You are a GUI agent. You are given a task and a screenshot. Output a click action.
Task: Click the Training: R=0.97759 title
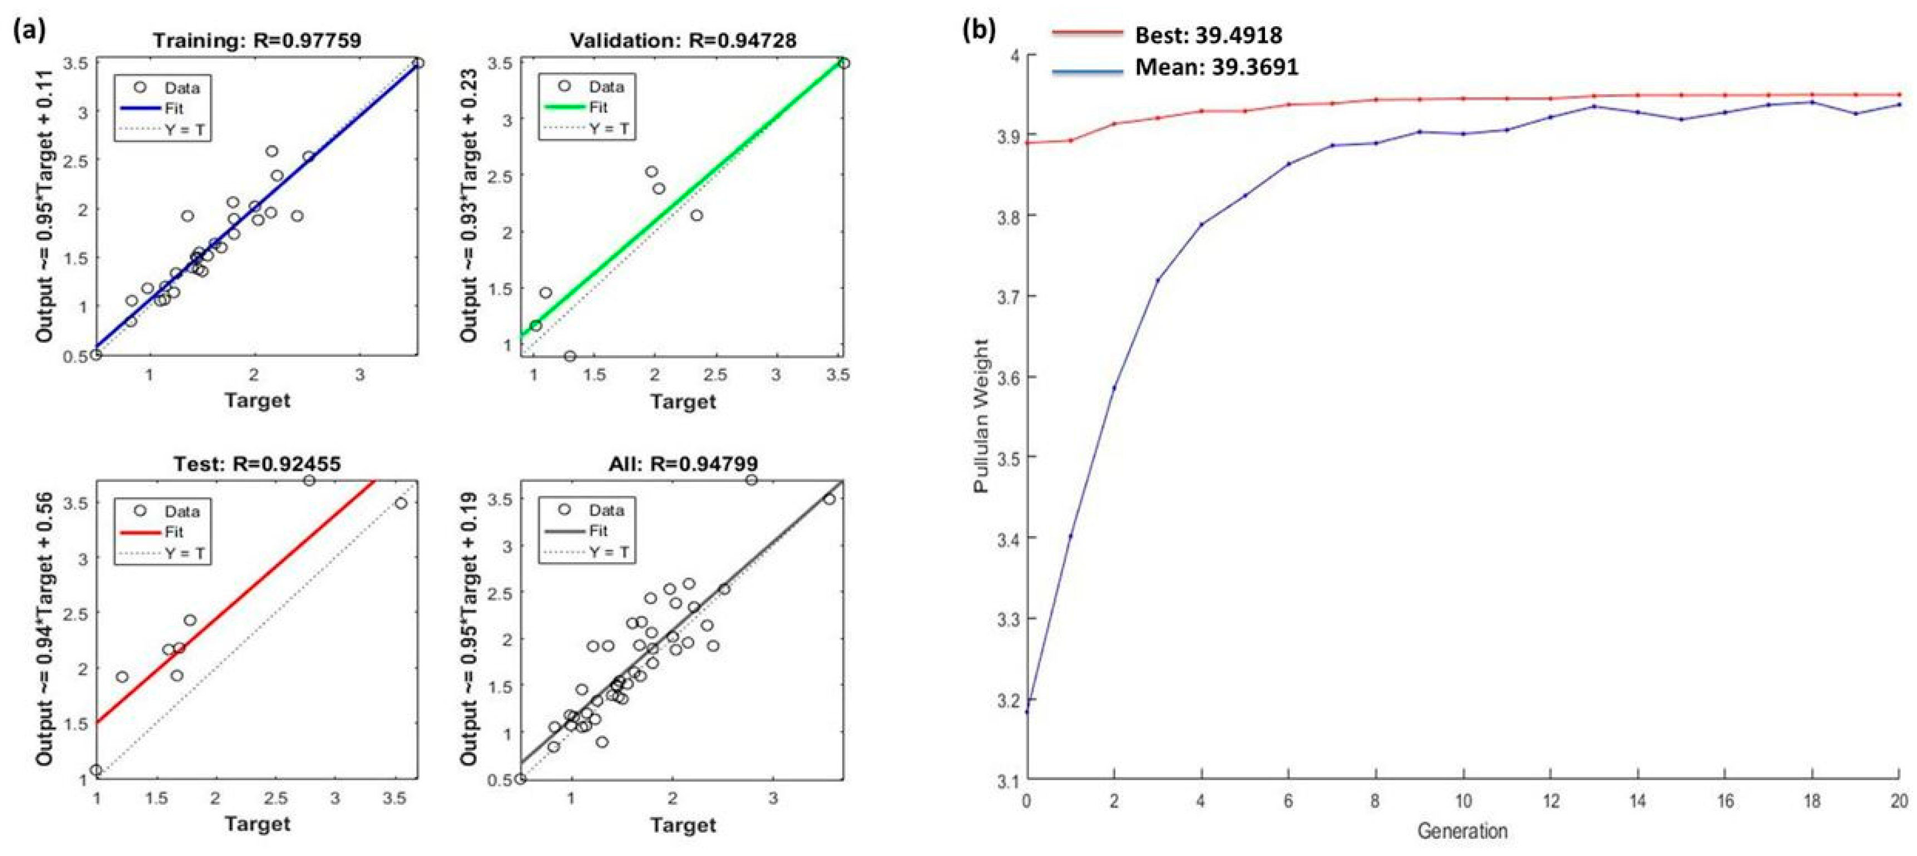pos(257,40)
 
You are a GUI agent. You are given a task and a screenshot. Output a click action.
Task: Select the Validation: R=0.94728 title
pos(683,40)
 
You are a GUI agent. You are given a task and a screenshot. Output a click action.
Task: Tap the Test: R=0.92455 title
pos(257,464)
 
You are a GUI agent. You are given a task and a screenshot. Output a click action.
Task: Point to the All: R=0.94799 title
pos(683,464)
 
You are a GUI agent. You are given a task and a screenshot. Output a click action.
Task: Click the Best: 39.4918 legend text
pos(1208,35)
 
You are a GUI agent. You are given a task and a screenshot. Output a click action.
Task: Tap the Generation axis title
pos(1461,831)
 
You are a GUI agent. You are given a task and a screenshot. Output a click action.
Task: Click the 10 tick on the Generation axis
pos(1463,801)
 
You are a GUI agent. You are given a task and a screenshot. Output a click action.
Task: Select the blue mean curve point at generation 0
pos(1027,712)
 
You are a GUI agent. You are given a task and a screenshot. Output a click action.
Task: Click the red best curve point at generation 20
pos(1899,95)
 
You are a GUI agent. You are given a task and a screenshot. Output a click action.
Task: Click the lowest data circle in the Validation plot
pos(570,356)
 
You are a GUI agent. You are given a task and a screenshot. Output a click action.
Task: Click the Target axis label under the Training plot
pos(257,401)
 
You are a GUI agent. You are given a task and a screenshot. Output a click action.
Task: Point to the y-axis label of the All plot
pos(468,629)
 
